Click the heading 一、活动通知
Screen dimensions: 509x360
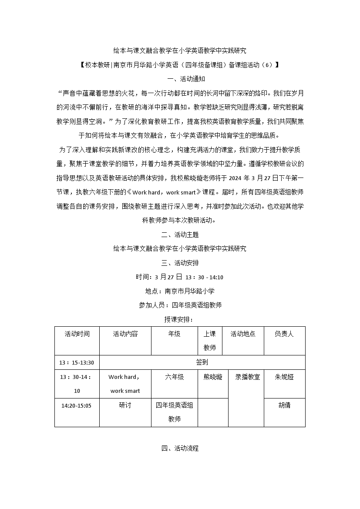[x=180, y=79]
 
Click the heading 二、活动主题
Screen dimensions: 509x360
[x=180, y=234]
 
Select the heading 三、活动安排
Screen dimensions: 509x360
[x=180, y=263]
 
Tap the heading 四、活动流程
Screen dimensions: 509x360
[x=180, y=448]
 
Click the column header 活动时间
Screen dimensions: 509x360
[x=77, y=334]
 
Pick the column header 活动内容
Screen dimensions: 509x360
[x=125, y=334]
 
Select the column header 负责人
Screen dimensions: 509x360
[x=284, y=334]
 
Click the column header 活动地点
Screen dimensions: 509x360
[x=243, y=334]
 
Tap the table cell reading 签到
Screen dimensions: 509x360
[x=202, y=362]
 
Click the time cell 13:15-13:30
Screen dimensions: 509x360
[x=77, y=362]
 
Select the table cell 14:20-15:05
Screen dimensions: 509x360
[x=77, y=405]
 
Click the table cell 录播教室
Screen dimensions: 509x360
[x=247, y=377]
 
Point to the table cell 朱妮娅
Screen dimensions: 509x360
[x=284, y=377]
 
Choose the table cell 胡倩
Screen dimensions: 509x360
[x=284, y=405]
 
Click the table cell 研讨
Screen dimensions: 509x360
[x=125, y=405]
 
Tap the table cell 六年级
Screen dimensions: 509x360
[x=174, y=377]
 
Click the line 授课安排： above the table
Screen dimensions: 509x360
[x=180, y=319]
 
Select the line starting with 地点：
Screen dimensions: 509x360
[x=180, y=291]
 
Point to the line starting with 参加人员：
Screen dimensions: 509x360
[x=180, y=305]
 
